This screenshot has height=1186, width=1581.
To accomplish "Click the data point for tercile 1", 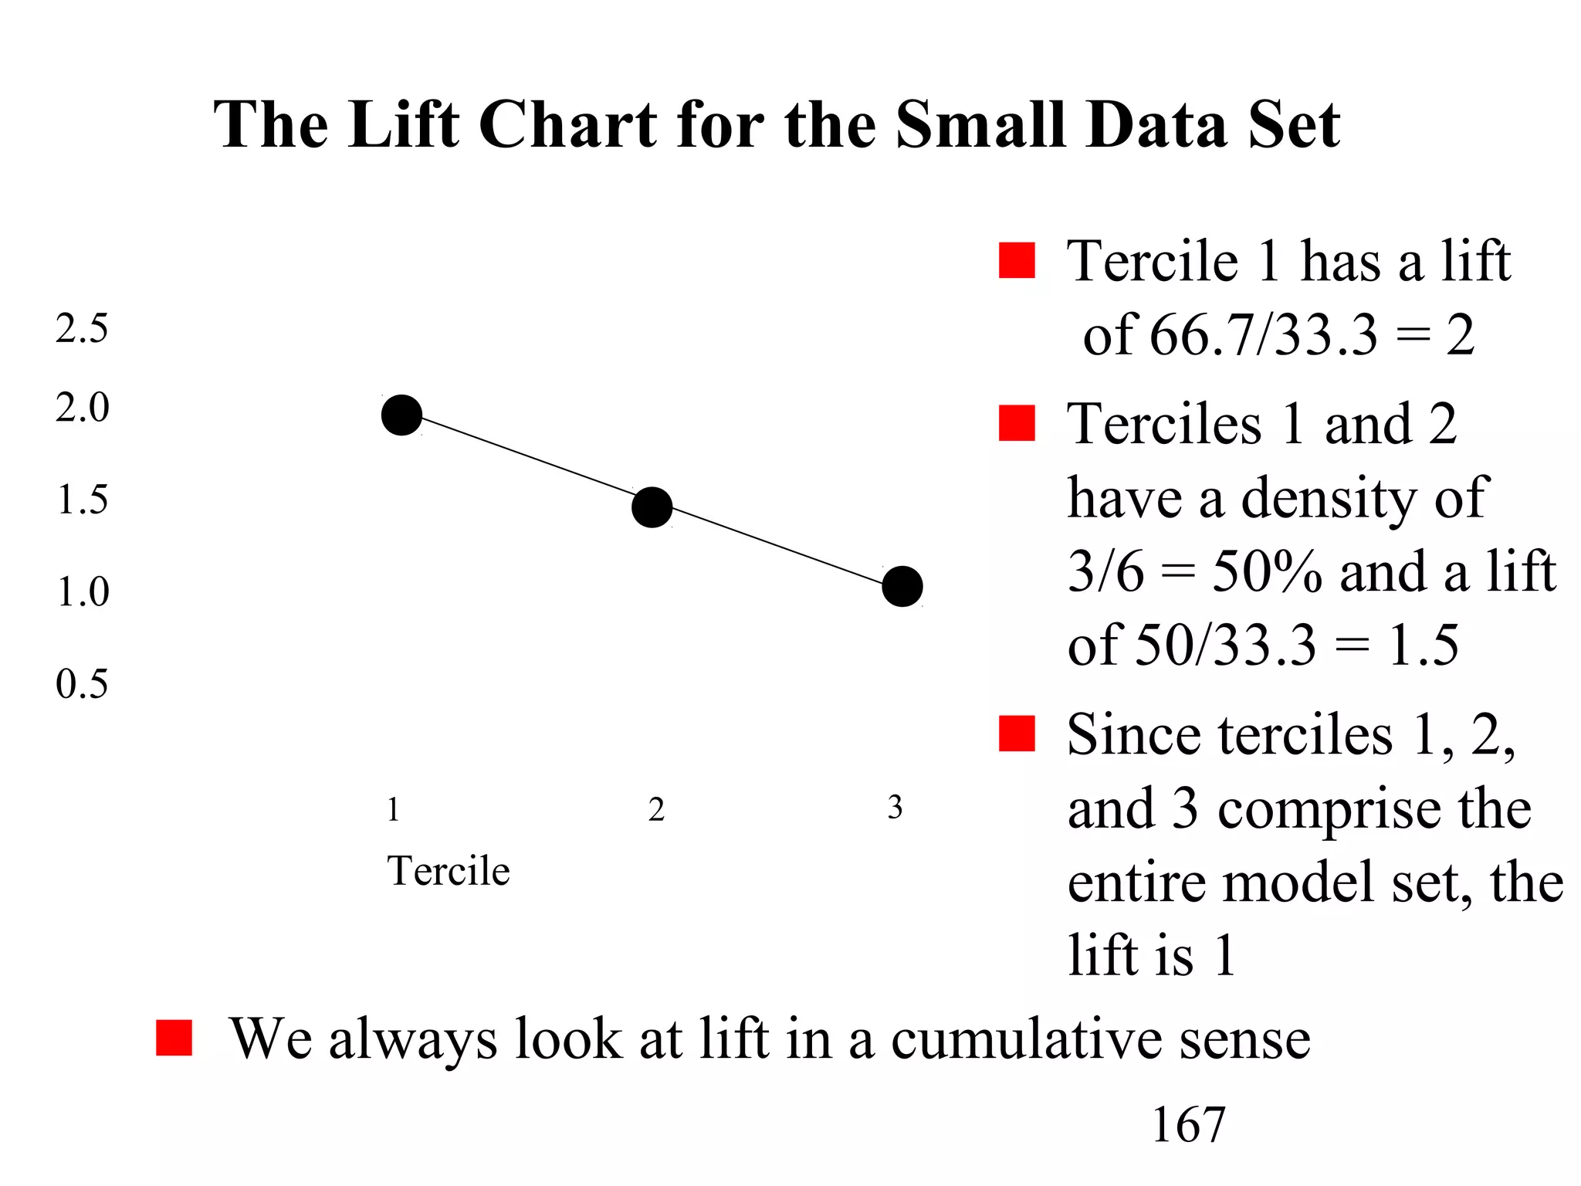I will coord(401,415).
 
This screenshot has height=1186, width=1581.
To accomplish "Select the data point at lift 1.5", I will coord(652,507).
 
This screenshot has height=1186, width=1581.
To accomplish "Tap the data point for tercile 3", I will coord(902,586).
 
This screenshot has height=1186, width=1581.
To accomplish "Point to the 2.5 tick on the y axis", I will coord(82,329).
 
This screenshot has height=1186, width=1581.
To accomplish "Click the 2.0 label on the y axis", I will coord(82,407).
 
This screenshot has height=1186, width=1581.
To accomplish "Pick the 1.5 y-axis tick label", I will coord(82,500).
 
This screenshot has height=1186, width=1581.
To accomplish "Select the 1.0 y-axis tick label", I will coord(82,592).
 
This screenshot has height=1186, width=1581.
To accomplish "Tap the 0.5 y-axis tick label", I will coord(82,684).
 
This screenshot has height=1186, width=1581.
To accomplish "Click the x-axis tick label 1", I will coord(393,809).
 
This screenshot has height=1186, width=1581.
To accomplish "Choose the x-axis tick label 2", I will coord(656,809).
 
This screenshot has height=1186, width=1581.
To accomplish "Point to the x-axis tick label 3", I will coord(895,808).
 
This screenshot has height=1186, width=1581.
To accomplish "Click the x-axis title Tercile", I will coord(449,871).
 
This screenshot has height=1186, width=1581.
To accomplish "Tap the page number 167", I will coord(1188,1124).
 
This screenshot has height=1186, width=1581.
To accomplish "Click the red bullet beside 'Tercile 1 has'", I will coord(1016,260).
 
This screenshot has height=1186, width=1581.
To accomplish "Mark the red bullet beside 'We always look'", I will coord(174,1037).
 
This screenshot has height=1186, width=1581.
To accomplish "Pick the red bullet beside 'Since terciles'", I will coord(1016,734).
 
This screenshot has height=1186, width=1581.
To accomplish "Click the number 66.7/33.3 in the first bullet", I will coord(1263,335).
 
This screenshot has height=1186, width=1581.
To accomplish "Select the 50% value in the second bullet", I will coord(1267,571).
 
